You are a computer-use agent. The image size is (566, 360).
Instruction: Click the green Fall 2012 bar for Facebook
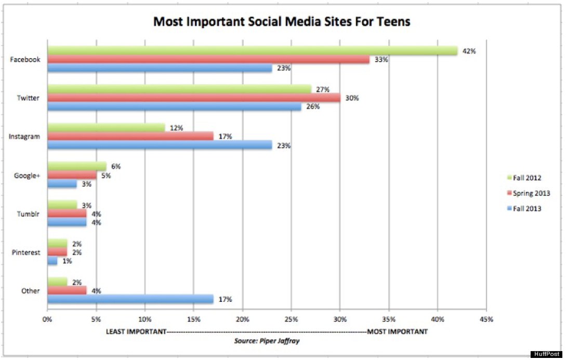(x=252, y=50)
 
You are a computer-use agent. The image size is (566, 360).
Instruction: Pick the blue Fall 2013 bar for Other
(x=130, y=299)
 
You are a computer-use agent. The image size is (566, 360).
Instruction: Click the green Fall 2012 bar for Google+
(x=76, y=166)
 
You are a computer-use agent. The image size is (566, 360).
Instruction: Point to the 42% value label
(x=470, y=51)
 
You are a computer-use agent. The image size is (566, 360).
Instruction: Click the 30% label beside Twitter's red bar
(x=352, y=98)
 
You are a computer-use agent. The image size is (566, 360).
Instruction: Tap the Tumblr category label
(x=28, y=214)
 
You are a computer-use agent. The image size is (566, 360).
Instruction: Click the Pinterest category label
(x=25, y=252)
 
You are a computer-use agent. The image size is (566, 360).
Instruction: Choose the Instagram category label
(x=24, y=137)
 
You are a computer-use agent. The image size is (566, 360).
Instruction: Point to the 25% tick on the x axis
(x=292, y=318)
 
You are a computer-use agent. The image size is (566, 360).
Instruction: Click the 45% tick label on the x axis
(x=486, y=318)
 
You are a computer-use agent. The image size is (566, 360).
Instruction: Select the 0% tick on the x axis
(x=47, y=318)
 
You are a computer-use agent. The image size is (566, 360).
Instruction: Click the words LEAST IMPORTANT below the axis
(x=136, y=331)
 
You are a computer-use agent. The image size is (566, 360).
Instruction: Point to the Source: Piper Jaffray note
(x=267, y=341)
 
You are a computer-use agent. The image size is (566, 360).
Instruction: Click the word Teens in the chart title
(x=392, y=22)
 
